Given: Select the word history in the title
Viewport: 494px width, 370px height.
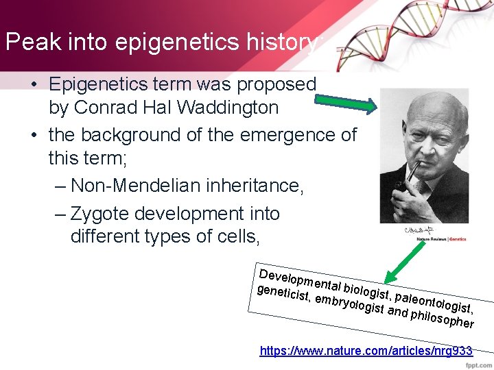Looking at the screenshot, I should point(282,42).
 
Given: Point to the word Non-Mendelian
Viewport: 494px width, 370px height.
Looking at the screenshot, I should point(134,185).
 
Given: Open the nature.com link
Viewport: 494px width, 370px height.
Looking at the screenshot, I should point(366,351).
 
